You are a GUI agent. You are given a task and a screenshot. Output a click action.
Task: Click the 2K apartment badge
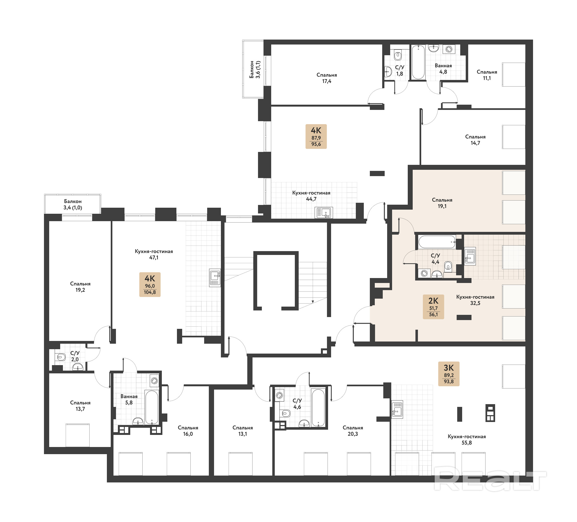pyautogui.click(x=433, y=307)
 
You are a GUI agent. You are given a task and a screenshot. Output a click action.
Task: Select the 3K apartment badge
pyautogui.click(x=448, y=374)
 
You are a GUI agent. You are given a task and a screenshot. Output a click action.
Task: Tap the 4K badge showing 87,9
pyautogui.click(x=316, y=137)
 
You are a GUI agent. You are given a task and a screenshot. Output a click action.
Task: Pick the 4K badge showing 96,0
pyautogui.click(x=150, y=284)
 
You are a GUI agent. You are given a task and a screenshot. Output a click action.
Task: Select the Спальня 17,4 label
pyautogui.click(x=327, y=78)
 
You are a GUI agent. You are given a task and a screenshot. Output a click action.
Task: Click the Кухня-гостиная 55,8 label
pyautogui.click(x=467, y=439)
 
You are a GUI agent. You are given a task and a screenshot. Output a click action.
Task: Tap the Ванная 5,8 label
pyautogui.click(x=129, y=399)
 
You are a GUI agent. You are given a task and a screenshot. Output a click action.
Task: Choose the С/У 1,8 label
pyautogui.click(x=400, y=70)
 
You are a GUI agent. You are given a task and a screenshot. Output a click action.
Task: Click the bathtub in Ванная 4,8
pyautogui.click(x=418, y=62)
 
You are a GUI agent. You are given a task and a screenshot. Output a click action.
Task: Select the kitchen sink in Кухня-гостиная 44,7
pyautogui.click(x=324, y=213)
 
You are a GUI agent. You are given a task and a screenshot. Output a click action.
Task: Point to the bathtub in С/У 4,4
pyautogui.click(x=437, y=242)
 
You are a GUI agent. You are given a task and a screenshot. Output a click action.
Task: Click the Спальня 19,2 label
pyautogui.click(x=80, y=287)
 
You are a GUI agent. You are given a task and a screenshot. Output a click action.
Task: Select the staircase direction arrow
pyautogui.click(x=313, y=302)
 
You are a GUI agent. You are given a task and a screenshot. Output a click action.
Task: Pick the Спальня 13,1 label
pyautogui.click(x=242, y=431)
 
